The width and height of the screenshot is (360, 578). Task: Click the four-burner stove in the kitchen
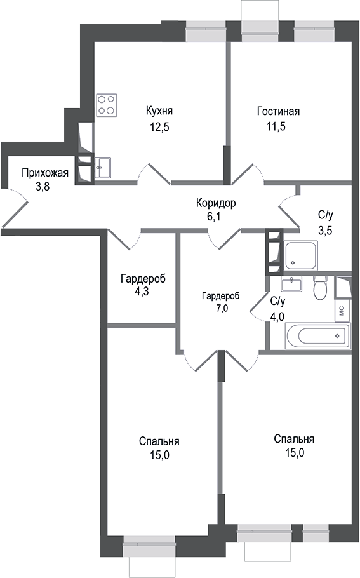(x=107, y=105)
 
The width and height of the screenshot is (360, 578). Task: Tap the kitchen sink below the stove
(x=103, y=168)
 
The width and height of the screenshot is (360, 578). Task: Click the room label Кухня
(x=159, y=111)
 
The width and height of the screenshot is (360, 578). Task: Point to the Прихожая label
(x=44, y=172)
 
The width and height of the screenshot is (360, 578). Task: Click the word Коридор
(x=215, y=204)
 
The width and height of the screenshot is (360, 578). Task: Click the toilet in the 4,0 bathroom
(x=320, y=286)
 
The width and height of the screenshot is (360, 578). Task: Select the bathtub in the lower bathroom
(x=317, y=334)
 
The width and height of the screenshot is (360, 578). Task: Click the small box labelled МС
(x=341, y=311)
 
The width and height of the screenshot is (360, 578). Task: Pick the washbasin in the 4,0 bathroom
(x=293, y=281)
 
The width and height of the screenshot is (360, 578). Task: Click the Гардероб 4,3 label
(x=143, y=278)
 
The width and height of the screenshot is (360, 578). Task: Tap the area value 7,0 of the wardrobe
(x=220, y=308)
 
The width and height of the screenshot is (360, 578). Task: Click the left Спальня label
(x=159, y=441)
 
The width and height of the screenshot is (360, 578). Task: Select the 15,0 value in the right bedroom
(x=294, y=452)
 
